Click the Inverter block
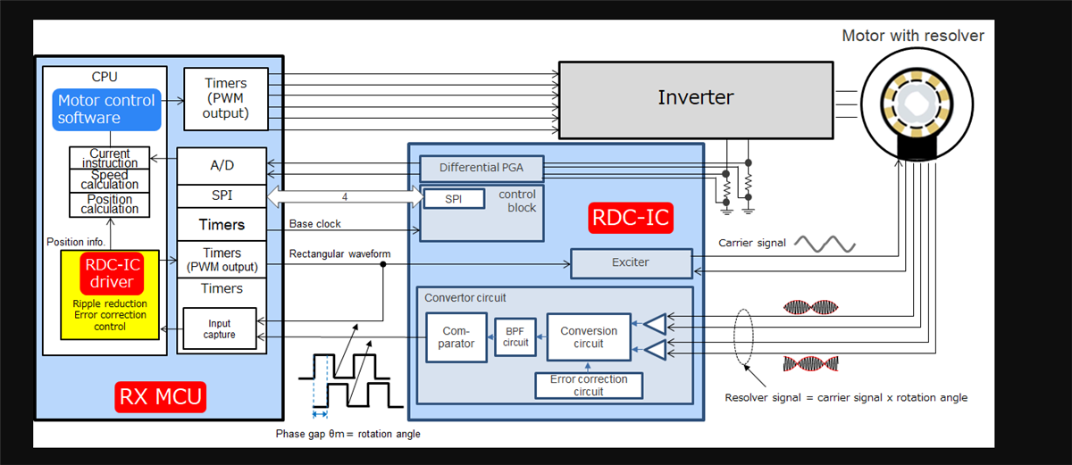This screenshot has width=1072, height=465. [x=695, y=99]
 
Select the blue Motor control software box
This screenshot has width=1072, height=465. [x=106, y=109]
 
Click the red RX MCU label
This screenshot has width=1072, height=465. [x=160, y=395]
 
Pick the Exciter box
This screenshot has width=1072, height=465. [x=630, y=263]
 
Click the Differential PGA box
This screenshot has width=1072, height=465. [x=481, y=168]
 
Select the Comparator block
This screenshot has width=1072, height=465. [x=456, y=336]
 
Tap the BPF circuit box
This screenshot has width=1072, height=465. [x=515, y=336]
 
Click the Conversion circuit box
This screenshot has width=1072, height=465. [x=588, y=336]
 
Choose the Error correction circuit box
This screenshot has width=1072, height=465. [x=588, y=385]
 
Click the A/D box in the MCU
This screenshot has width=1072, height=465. [x=222, y=165]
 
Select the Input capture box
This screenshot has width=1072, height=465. [x=219, y=329]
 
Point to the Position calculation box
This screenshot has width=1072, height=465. [x=110, y=204]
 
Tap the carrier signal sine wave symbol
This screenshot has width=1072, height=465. [x=825, y=244]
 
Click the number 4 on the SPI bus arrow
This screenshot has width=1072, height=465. [x=343, y=196]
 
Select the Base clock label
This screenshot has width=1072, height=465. [x=315, y=224]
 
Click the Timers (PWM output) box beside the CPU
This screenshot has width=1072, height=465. [x=226, y=98]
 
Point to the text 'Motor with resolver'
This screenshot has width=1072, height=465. [x=912, y=36]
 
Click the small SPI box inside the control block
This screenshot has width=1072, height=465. [x=454, y=199]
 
